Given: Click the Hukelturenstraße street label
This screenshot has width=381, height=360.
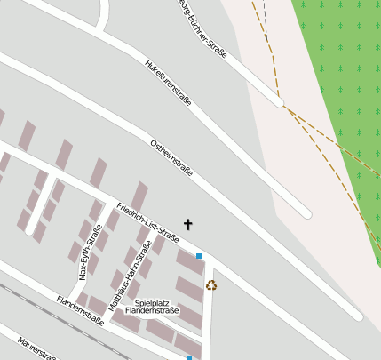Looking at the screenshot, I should click(x=167, y=83).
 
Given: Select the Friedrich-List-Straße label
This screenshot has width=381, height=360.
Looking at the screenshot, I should click(x=148, y=223).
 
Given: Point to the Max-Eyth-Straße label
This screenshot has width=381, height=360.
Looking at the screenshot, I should click(x=86, y=257).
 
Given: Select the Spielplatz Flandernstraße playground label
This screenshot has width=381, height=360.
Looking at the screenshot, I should click(x=152, y=307).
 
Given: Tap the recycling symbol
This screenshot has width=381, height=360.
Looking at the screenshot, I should click(x=211, y=285).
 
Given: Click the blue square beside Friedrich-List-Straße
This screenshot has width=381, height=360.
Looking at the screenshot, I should click(x=199, y=257).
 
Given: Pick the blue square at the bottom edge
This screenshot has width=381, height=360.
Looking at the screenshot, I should click(x=188, y=357).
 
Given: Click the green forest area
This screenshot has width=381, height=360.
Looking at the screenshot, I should click(x=342, y=71).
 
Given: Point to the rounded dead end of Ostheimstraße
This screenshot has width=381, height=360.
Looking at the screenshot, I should click(x=306, y=213).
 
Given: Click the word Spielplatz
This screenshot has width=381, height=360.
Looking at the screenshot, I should click(x=151, y=302).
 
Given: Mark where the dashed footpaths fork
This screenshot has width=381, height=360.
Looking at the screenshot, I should click(x=285, y=108).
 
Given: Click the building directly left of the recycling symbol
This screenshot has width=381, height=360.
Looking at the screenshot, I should click(x=188, y=288).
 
